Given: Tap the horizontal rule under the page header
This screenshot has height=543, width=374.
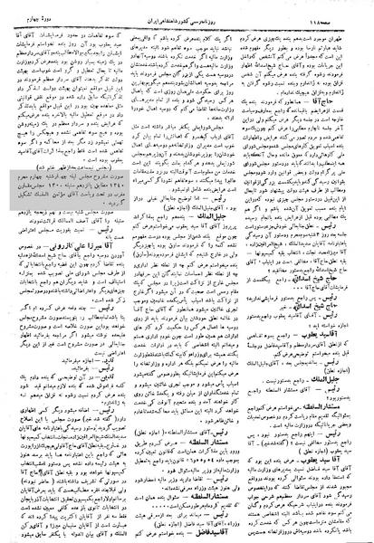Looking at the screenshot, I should [187, 19].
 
